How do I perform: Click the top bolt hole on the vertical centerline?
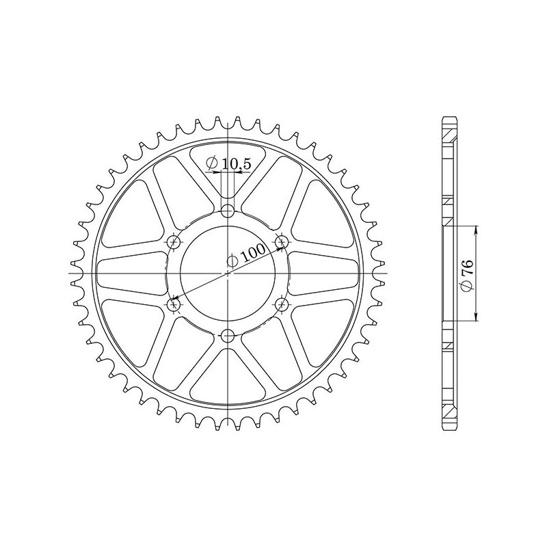click(x=228, y=210)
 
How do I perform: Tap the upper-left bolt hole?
click(x=174, y=241)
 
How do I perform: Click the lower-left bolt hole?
click(x=174, y=303)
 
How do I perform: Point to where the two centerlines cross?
click(x=228, y=273)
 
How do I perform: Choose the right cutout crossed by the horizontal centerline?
click(x=325, y=273)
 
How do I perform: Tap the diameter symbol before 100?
click(x=233, y=261)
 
